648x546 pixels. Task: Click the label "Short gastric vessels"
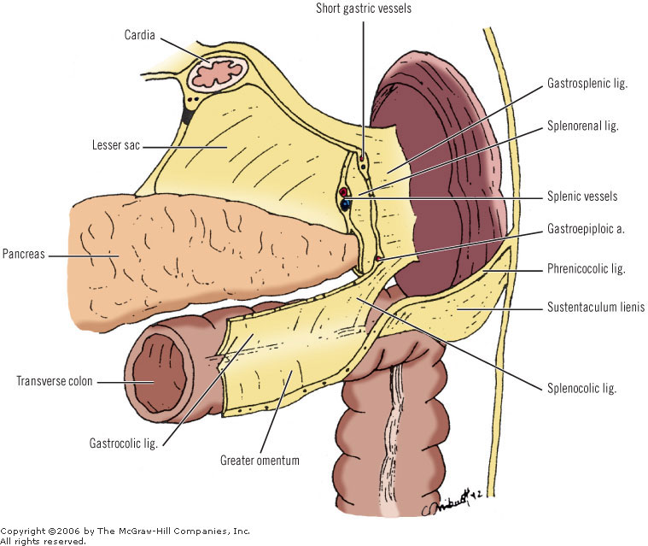click(x=364, y=9)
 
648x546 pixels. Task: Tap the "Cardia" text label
click(x=140, y=35)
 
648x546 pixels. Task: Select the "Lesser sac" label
click(x=116, y=145)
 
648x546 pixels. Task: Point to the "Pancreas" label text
click(x=24, y=254)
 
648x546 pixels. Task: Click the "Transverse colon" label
click(x=54, y=381)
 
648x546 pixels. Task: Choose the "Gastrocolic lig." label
click(x=124, y=443)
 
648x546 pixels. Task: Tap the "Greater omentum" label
click(x=260, y=461)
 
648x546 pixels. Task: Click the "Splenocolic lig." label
click(x=582, y=389)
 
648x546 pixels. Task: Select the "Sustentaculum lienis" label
click(x=596, y=307)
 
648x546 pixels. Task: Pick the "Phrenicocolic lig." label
click(x=587, y=269)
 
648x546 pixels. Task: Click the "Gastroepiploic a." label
click(x=586, y=229)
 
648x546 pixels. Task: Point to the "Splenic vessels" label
click(x=582, y=196)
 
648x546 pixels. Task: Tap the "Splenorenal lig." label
click(x=583, y=126)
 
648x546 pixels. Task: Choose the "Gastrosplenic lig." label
click(x=587, y=84)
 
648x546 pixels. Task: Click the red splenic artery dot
click(x=344, y=191)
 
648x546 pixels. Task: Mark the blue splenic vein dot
click(x=347, y=203)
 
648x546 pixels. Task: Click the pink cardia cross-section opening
click(x=218, y=73)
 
